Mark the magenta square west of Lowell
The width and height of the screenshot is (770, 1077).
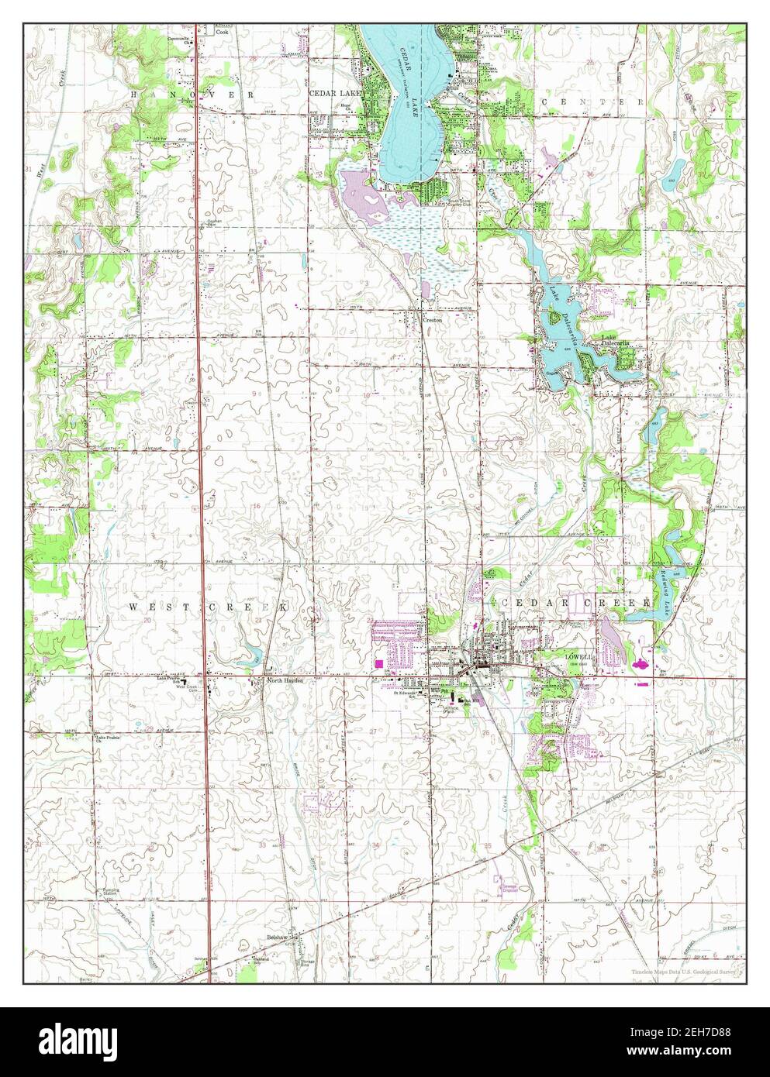coord(378,663)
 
